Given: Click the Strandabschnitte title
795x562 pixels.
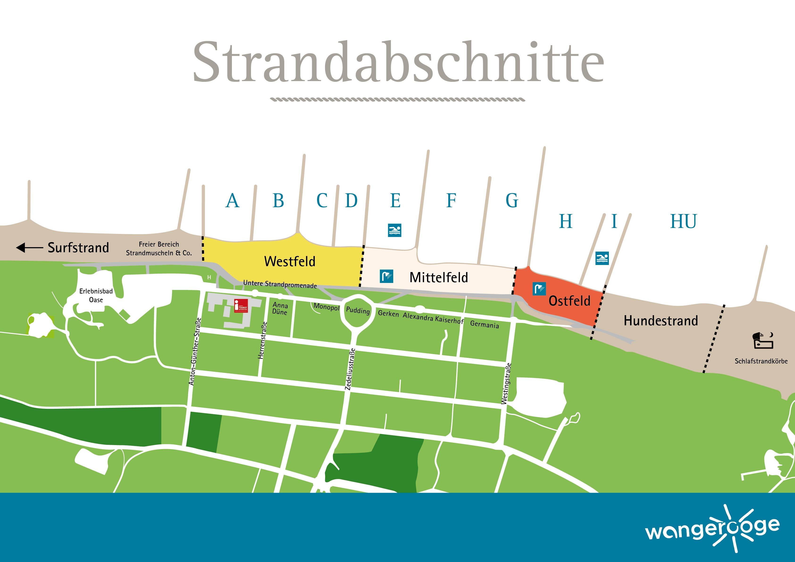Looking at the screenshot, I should (398, 62).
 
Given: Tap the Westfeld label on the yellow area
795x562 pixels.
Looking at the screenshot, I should (290, 261).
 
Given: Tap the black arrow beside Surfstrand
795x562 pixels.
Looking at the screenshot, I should (29, 248).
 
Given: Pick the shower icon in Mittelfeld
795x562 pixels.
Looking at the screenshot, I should (386, 276).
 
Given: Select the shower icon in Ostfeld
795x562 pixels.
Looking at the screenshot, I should (539, 289).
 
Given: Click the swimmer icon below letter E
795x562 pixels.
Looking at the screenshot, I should (395, 230).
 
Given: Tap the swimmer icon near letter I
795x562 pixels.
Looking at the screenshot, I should (602, 258).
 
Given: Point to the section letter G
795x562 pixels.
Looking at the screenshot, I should (512, 200).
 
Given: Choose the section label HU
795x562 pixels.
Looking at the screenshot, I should (683, 222).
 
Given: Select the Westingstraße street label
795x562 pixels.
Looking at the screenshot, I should (506, 383).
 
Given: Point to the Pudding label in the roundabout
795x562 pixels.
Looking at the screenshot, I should (358, 310).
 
